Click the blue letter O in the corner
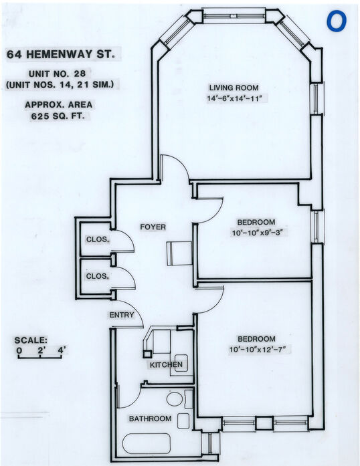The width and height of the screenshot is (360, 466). (337, 21)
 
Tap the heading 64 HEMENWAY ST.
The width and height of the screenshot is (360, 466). (61, 54)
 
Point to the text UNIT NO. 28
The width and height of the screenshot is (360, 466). (57, 74)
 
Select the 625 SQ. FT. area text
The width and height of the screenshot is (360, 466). (58, 116)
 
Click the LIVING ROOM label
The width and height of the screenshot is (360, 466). (234, 88)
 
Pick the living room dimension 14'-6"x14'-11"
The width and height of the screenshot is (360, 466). (234, 98)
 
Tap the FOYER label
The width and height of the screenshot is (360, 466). (153, 227)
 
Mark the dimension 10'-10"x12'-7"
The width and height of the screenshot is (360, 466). (258, 350)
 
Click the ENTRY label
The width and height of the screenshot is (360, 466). (122, 315)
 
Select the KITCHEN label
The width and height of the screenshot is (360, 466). (166, 364)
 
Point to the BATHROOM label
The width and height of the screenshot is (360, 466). (151, 419)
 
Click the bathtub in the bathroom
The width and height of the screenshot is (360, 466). (147, 444)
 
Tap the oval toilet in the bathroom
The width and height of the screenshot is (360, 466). (175, 399)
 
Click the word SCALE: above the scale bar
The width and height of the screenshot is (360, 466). (31, 340)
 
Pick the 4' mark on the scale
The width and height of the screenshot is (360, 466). (62, 350)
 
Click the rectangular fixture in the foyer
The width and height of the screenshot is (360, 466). (179, 253)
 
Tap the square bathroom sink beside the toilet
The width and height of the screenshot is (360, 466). (183, 421)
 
